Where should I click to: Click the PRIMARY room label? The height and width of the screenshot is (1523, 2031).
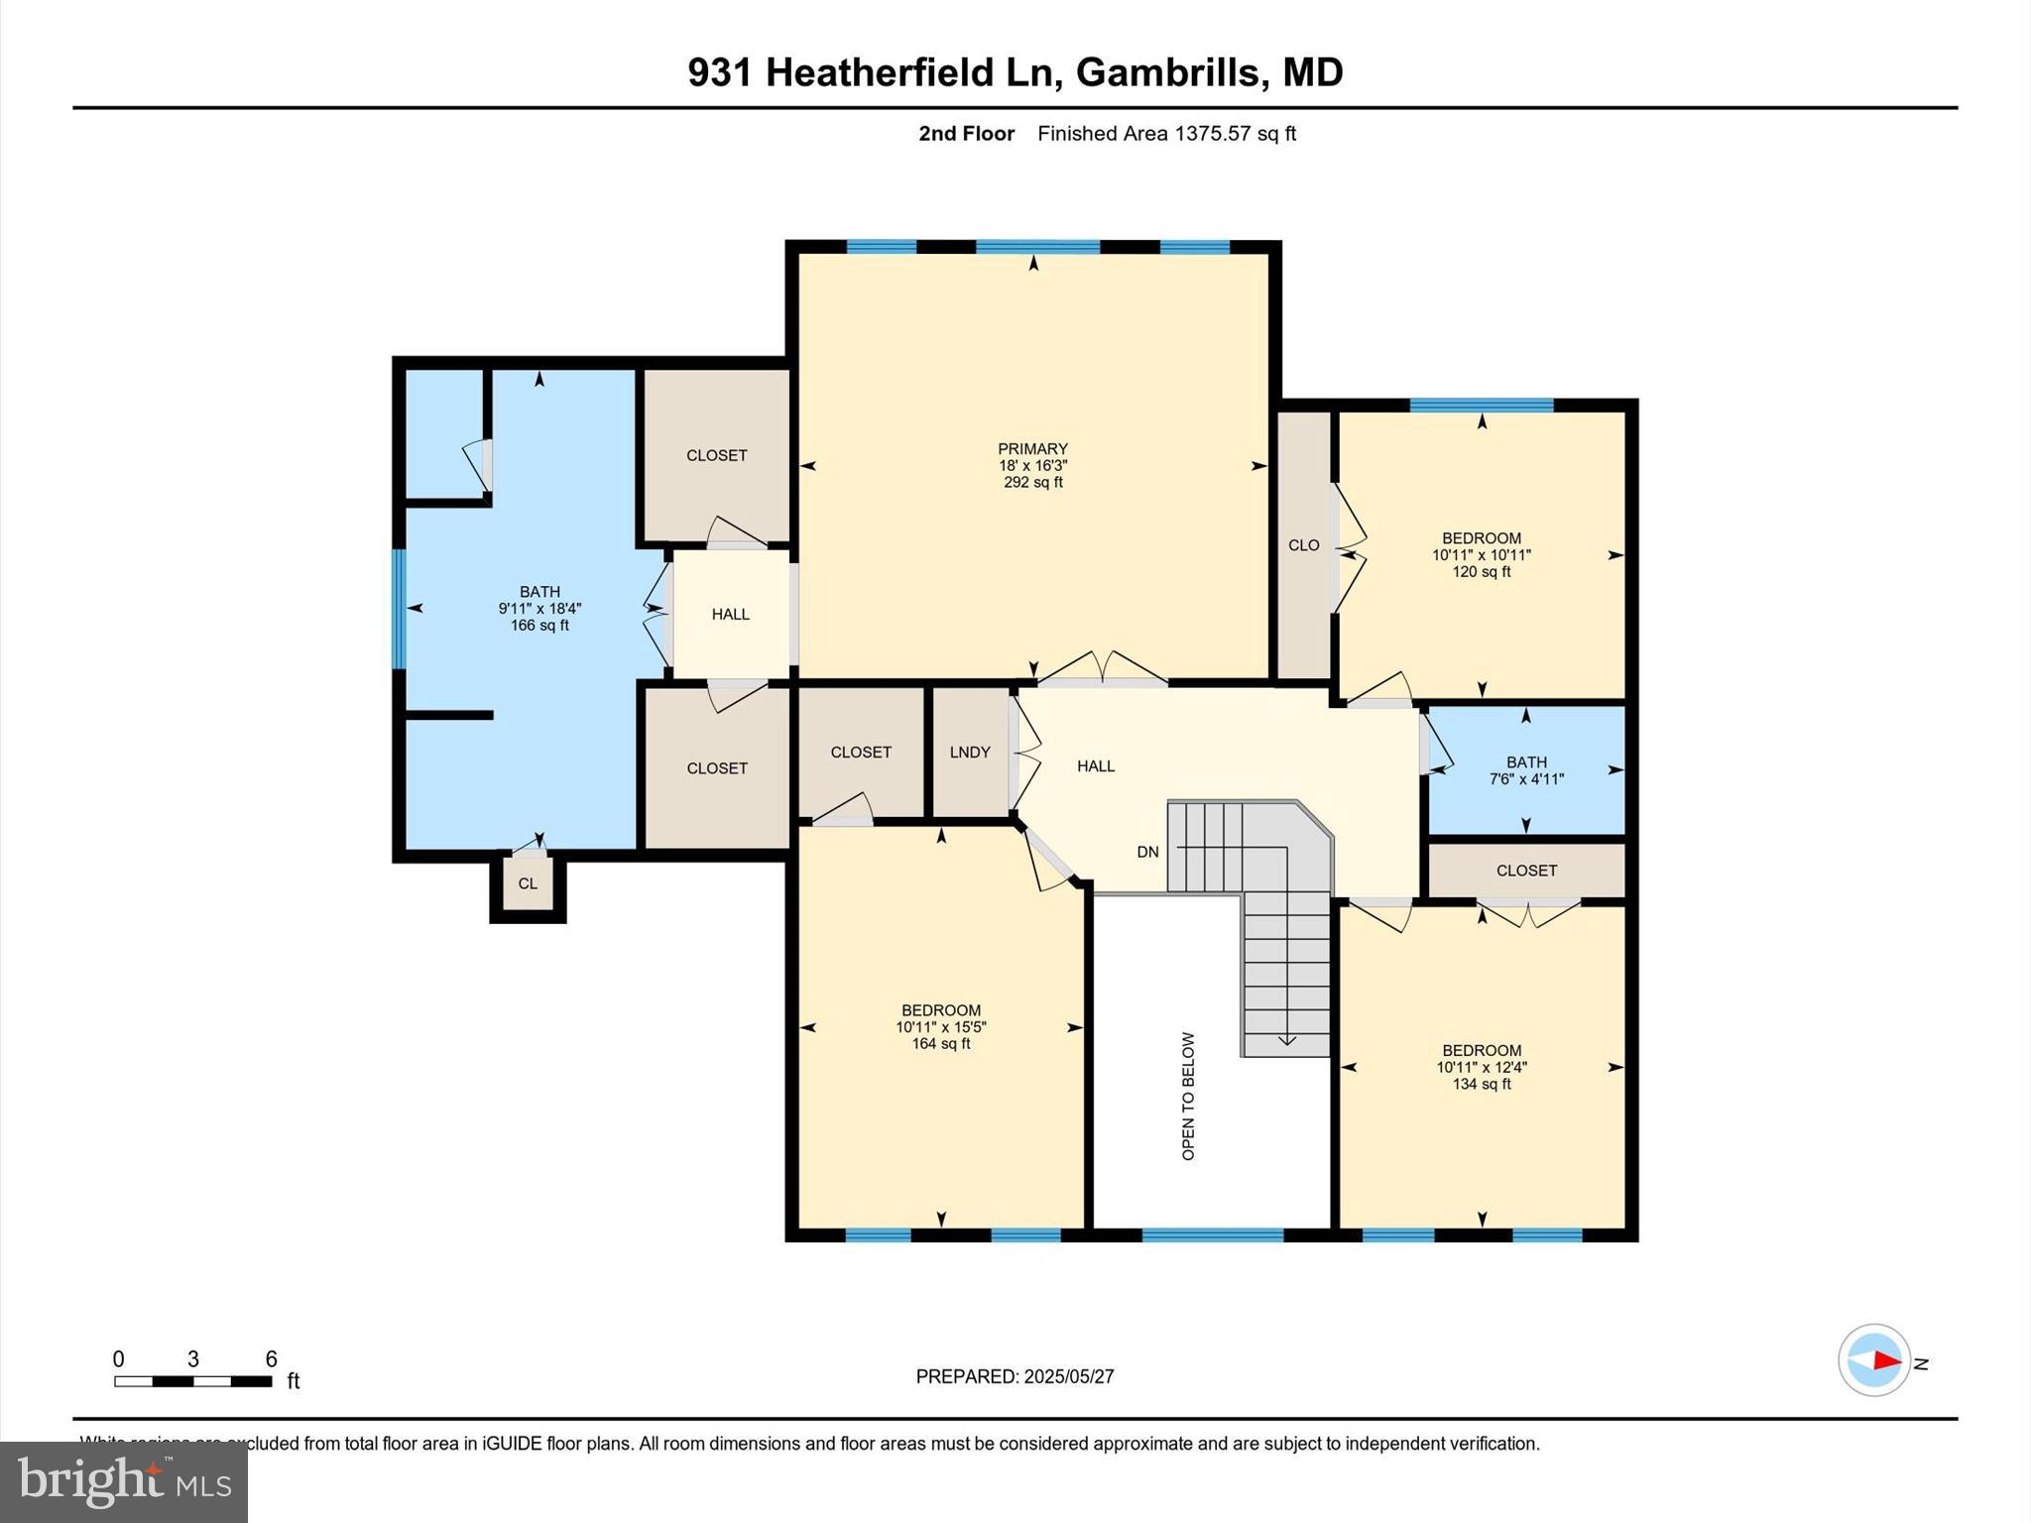pos(1032,449)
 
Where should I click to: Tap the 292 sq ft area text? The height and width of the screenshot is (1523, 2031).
pos(1032,483)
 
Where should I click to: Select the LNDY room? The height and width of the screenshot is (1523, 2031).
pos(969,753)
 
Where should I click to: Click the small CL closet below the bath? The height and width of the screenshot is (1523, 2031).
pos(528,883)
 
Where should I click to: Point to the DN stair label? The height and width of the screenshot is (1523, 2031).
pos(1147,852)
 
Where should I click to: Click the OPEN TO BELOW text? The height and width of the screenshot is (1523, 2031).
pos(1188,1096)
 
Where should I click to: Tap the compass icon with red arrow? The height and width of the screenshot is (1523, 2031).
pos(1873,1360)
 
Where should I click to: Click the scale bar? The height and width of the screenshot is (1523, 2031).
pos(192,1381)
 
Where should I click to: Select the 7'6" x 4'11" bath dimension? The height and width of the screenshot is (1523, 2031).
pos(1526,779)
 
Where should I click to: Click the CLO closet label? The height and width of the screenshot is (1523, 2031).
pos(1303,545)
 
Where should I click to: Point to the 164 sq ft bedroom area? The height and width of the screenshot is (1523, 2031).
pos(940,1044)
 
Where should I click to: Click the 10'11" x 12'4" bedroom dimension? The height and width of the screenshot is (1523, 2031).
pos(1482,1068)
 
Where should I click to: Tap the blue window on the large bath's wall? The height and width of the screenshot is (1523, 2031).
pos(399,608)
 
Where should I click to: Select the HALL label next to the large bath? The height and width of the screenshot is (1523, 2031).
pos(730,615)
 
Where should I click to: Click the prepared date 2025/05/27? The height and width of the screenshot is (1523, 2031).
pos(1068,1376)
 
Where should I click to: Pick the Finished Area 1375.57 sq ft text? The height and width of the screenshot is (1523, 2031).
pos(1166,134)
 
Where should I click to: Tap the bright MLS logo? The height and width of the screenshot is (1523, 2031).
pos(124,1481)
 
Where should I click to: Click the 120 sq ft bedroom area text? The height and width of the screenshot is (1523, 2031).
pos(1481,572)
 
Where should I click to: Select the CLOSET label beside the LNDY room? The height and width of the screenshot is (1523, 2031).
pos(860,753)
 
